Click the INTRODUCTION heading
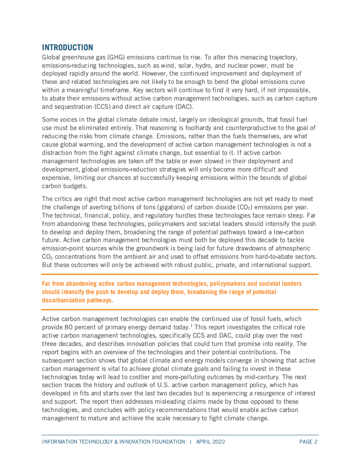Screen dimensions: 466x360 [x=67, y=47]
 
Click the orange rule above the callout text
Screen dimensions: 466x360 [x=180, y=275]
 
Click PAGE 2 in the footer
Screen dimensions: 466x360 [x=308, y=441]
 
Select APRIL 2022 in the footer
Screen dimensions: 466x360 [x=210, y=441]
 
